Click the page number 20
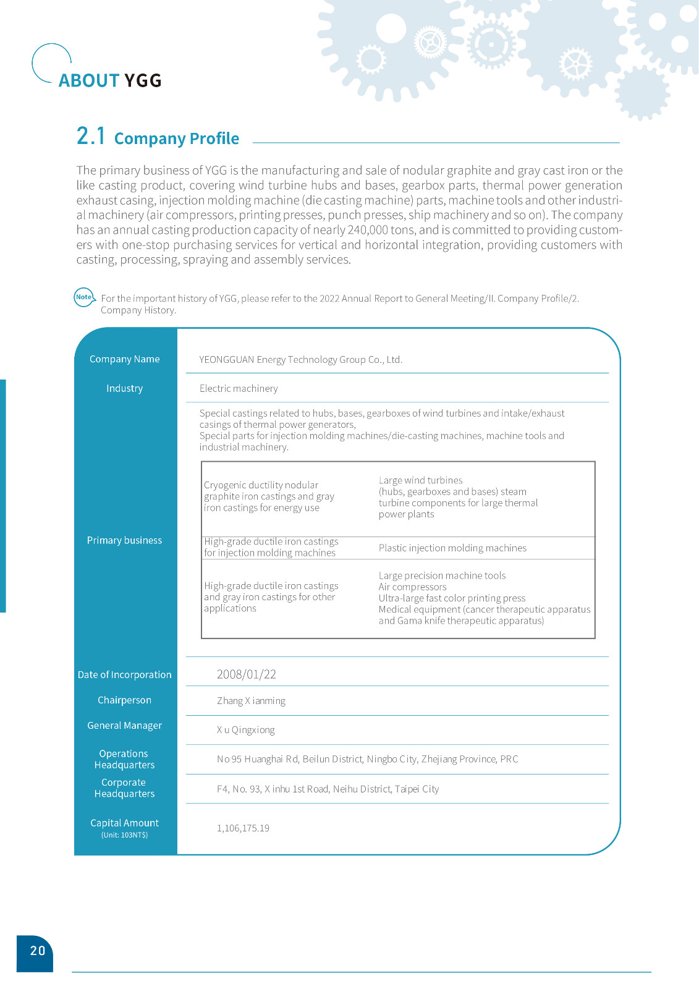(x=38, y=951)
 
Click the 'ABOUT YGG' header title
(x=110, y=80)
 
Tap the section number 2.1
(x=91, y=136)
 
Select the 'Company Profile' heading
(x=177, y=138)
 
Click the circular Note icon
(x=83, y=297)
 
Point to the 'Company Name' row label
(x=124, y=359)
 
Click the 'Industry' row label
(x=124, y=388)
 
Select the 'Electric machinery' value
(x=239, y=388)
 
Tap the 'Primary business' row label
(x=124, y=540)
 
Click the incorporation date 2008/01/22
(x=246, y=674)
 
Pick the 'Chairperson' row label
(x=124, y=700)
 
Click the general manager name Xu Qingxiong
(x=245, y=730)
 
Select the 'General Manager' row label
(x=124, y=726)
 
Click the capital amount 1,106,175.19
(x=243, y=828)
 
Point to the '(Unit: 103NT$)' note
(x=124, y=835)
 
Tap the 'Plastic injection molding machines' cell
(x=452, y=548)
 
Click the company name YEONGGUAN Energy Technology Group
(x=300, y=360)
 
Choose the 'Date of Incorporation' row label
(x=124, y=675)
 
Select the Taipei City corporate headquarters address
(x=328, y=789)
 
